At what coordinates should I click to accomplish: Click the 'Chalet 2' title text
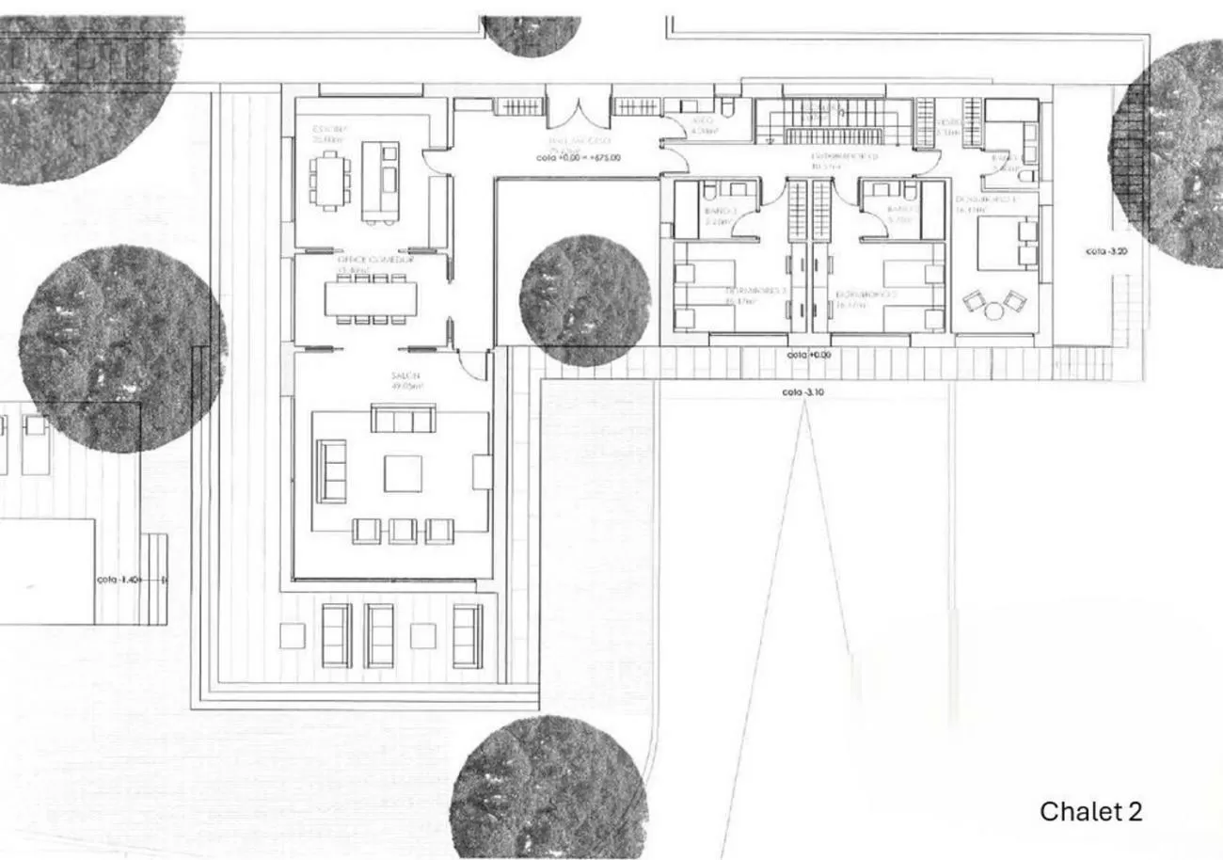(1090, 811)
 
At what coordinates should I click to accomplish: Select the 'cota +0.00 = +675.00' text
(578, 158)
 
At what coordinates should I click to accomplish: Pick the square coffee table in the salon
(403, 473)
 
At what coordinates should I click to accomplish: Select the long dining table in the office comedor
(371, 298)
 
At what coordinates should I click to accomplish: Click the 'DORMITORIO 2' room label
(866, 294)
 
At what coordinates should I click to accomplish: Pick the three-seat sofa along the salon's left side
(330, 470)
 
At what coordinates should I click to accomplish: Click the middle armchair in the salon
(403, 531)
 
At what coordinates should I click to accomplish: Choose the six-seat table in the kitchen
(330, 181)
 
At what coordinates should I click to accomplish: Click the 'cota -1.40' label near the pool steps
(119, 581)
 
